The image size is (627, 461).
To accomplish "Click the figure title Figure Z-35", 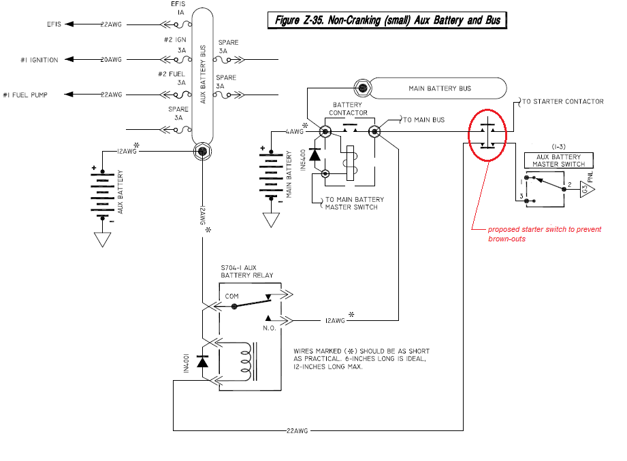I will [x=387, y=20].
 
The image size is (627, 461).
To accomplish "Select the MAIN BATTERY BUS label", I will [x=439, y=88].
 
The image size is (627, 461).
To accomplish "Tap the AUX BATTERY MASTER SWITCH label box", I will [x=558, y=160].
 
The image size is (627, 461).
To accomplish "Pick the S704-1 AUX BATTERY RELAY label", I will [x=246, y=271].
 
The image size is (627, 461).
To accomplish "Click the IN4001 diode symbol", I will [x=202, y=362].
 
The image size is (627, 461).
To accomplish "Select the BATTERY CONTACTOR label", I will [x=349, y=109].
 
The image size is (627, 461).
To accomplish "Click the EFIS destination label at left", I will [x=54, y=24].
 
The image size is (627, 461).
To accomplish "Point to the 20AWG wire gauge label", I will [x=112, y=60].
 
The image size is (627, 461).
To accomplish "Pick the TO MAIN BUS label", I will [x=423, y=120].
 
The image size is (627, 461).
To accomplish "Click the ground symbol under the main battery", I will [x=272, y=220].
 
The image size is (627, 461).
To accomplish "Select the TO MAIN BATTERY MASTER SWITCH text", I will [x=353, y=203].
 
